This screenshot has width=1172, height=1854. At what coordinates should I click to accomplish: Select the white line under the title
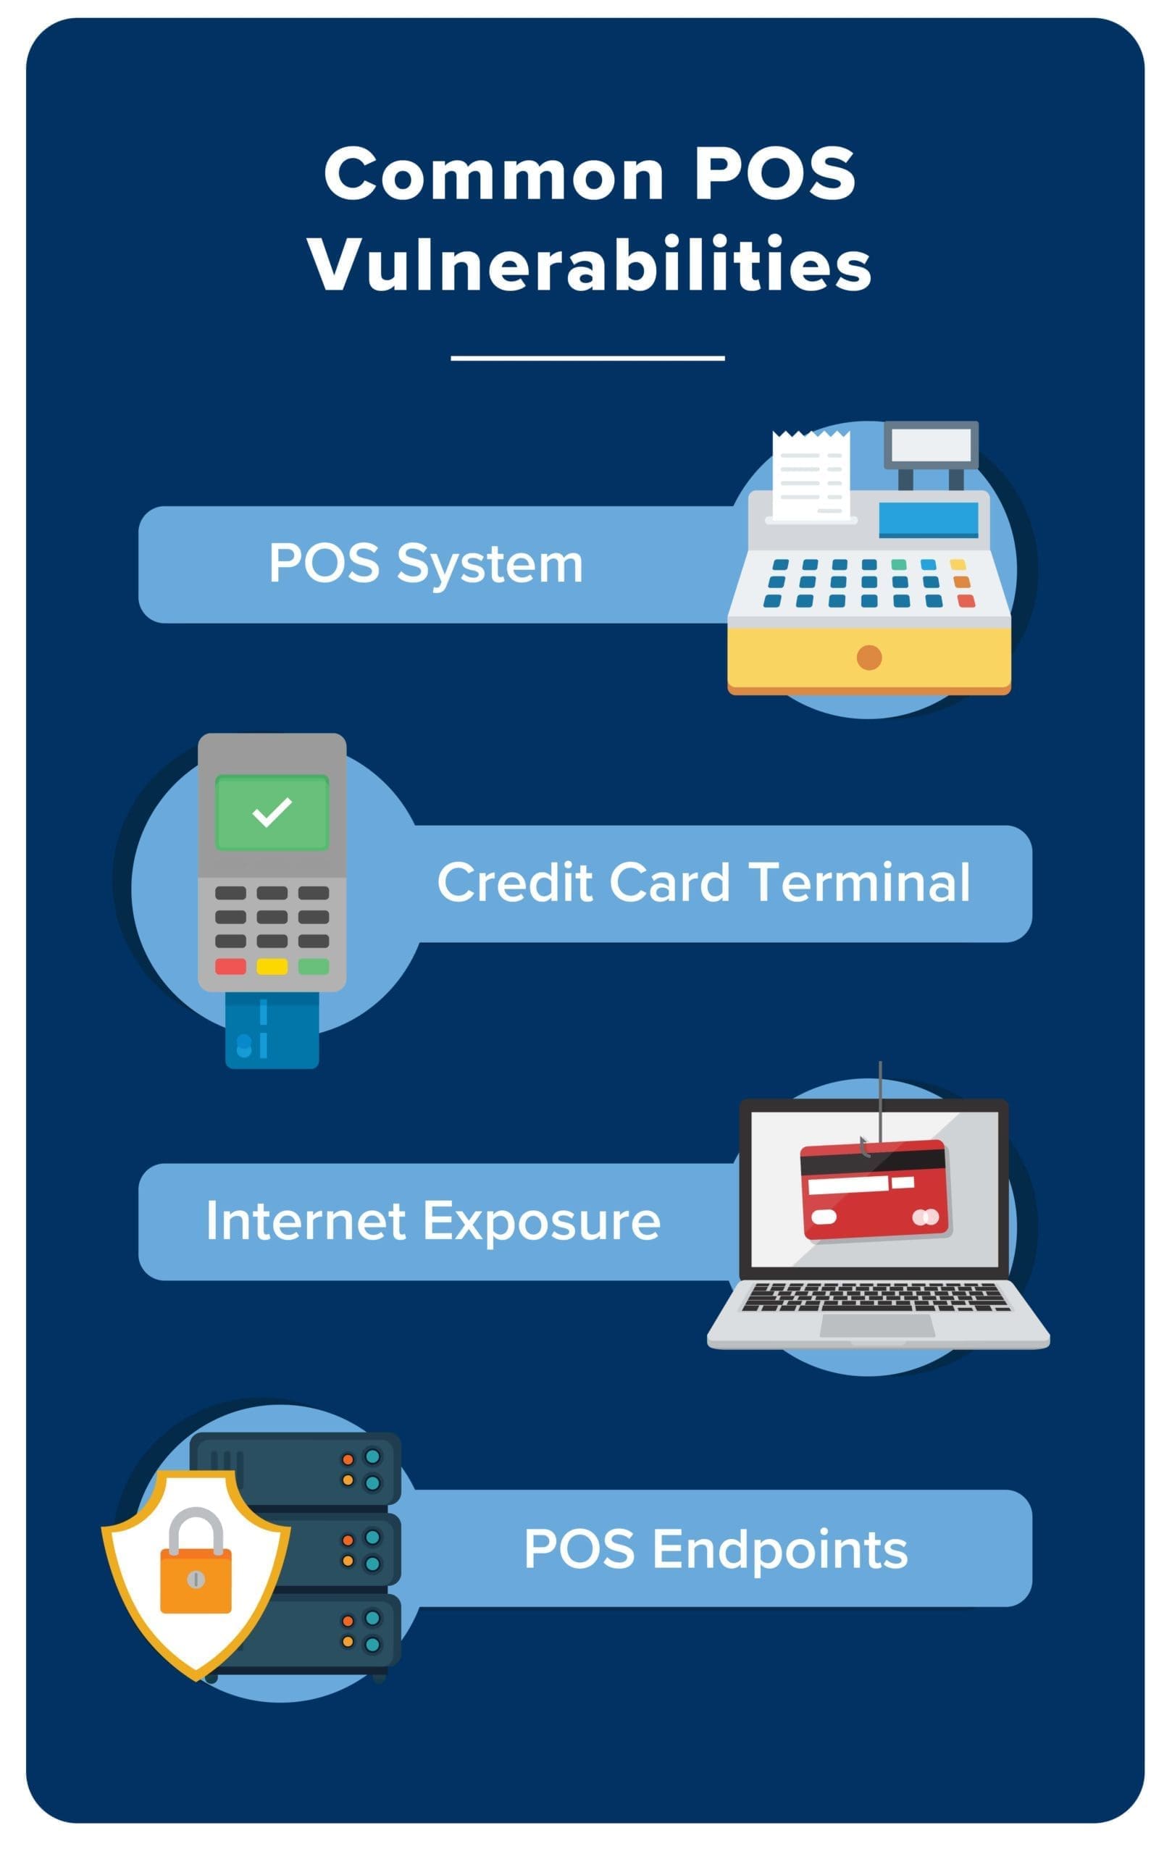[587, 358]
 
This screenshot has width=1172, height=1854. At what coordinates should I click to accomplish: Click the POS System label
[426, 563]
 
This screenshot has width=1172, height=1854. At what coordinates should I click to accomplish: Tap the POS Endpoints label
[716, 1548]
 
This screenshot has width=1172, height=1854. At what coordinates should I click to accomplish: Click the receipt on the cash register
[811, 475]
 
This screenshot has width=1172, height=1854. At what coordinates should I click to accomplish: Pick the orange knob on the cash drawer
[868, 658]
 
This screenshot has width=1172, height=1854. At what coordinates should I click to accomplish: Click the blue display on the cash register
[929, 520]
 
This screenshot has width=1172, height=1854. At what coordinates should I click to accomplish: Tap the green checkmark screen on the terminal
[272, 813]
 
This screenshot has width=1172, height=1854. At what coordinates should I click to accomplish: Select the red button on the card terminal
[230, 966]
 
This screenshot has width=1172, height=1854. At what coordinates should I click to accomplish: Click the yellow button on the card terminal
[272, 966]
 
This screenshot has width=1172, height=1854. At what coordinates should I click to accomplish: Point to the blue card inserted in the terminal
[272, 1029]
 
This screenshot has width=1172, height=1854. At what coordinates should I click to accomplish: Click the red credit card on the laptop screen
[874, 1190]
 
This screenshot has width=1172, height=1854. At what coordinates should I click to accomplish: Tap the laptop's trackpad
[877, 1325]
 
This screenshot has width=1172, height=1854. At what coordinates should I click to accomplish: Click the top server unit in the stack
[296, 1468]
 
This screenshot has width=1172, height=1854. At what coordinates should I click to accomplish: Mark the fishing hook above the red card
[865, 1147]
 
